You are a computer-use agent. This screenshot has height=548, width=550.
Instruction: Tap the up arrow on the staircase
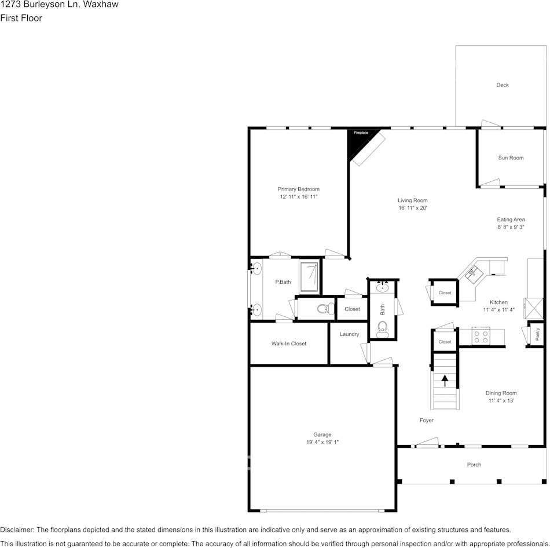pyautogui.click(x=445, y=381)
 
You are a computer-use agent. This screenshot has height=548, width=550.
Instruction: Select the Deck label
pyautogui.click(x=503, y=85)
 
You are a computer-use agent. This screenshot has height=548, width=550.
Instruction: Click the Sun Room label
pyautogui.click(x=511, y=158)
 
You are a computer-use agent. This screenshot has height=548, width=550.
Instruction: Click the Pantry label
pyautogui.click(x=537, y=334)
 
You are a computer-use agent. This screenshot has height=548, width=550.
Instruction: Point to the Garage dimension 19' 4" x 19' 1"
pyautogui.click(x=322, y=442)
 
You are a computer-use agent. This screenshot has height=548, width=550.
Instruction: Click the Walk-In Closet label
pyautogui.click(x=289, y=344)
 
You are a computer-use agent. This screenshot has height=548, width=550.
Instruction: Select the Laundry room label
pyautogui.click(x=349, y=334)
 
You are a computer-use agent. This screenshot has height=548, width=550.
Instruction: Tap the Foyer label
pyautogui.click(x=426, y=421)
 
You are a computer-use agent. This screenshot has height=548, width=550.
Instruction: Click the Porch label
pyautogui.click(x=474, y=465)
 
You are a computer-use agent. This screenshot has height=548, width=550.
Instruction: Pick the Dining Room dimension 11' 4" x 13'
pyautogui.click(x=501, y=400)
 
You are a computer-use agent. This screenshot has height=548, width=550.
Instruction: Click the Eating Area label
pyautogui.click(x=511, y=220)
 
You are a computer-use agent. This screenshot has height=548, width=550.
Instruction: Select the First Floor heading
pyautogui.click(x=21, y=18)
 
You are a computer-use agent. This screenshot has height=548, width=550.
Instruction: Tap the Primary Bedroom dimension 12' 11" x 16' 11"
pyautogui.click(x=299, y=197)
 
